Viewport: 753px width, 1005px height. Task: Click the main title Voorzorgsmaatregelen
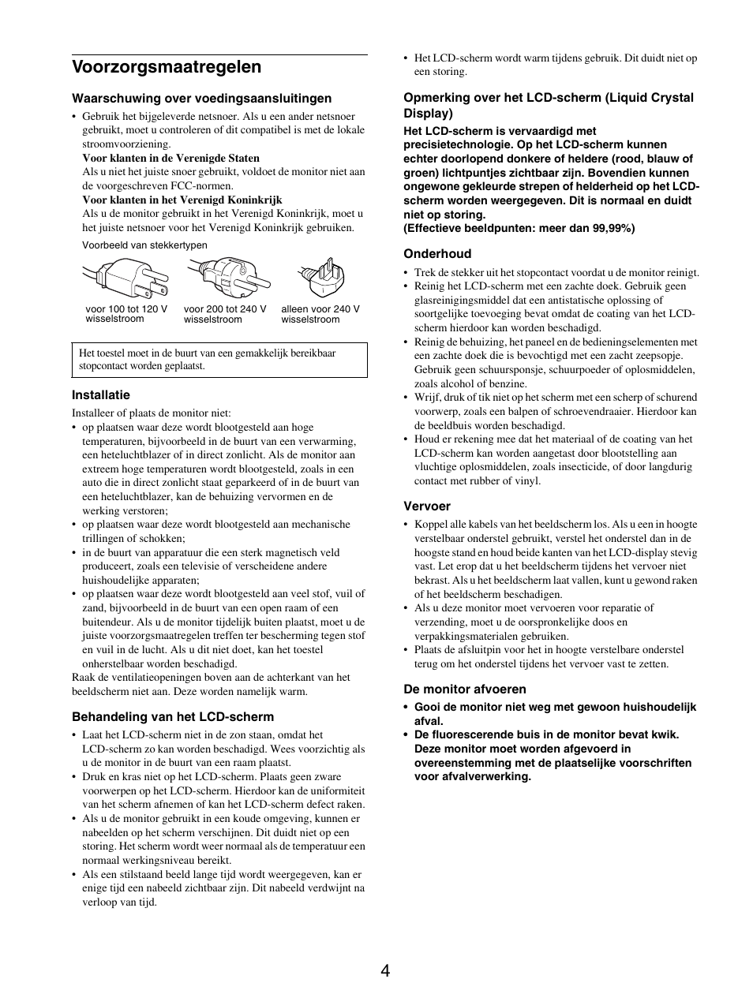tap(167, 67)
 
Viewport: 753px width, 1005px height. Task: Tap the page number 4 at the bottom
tap(384, 971)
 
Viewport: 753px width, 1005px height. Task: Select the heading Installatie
tap(101, 395)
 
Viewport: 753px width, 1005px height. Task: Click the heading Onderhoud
tap(437, 254)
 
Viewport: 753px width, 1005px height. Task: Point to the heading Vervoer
tap(427, 506)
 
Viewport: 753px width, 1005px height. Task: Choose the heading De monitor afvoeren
tap(465, 689)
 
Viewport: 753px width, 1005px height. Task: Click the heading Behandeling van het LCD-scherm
tap(173, 717)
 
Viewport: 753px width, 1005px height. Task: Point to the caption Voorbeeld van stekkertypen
tap(144, 245)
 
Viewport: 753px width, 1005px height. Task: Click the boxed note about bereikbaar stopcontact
tap(219, 360)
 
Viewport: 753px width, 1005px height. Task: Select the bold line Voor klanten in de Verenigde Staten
tap(171, 158)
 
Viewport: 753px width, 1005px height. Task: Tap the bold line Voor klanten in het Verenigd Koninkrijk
tap(182, 200)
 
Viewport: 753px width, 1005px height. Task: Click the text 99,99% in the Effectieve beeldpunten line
tap(614, 229)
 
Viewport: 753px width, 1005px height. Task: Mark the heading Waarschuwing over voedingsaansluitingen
tap(202, 99)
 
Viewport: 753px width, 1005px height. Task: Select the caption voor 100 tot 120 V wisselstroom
tap(126, 314)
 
